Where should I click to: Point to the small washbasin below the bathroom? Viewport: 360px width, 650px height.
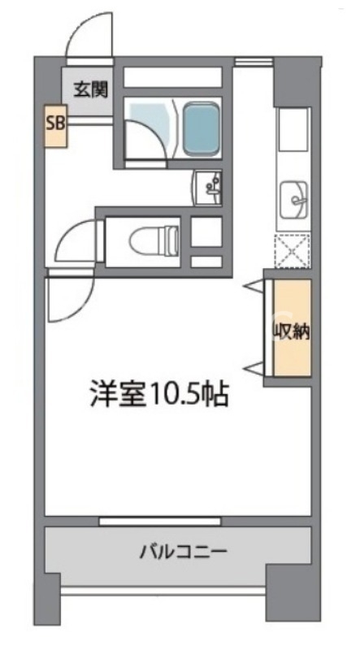pos(208,189)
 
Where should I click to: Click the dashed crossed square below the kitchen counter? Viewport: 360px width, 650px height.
pos(293,250)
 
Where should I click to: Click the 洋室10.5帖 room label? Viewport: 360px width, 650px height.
pos(158,395)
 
